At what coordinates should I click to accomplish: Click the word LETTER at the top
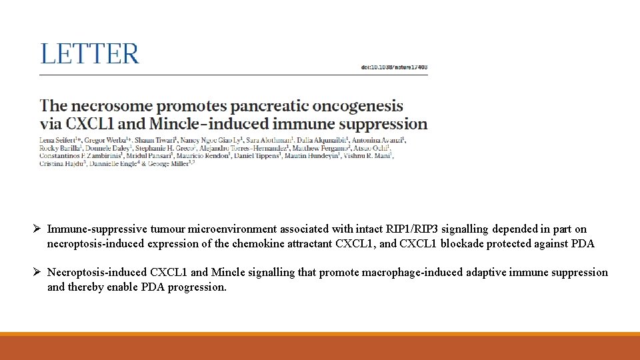(x=90, y=54)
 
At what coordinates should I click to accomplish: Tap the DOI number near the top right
(x=394, y=67)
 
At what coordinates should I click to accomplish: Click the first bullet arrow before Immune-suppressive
(x=39, y=229)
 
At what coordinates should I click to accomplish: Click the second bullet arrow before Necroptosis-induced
(x=39, y=273)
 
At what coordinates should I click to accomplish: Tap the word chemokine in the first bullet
(x=255, y=244)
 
